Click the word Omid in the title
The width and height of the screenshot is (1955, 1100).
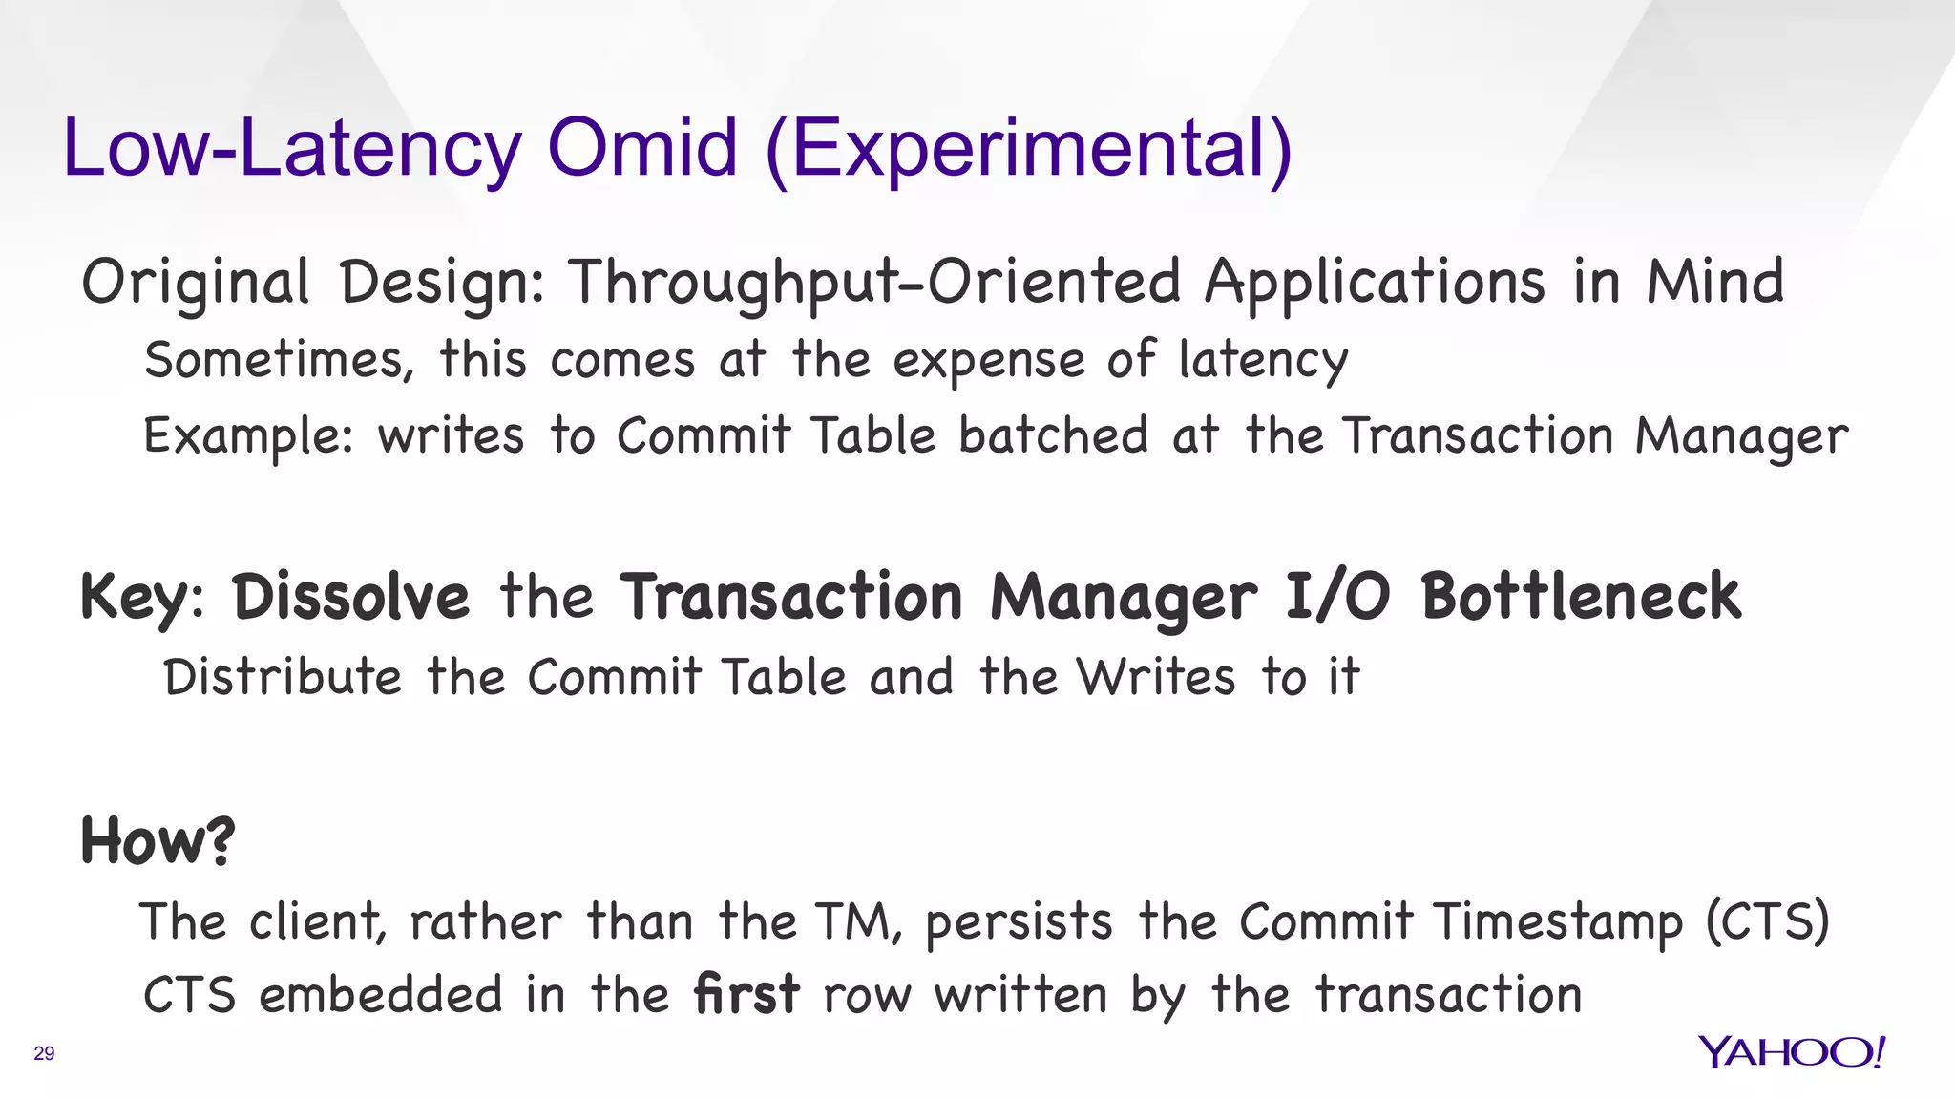point(642,148)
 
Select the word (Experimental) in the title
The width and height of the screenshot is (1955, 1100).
point(1029,150)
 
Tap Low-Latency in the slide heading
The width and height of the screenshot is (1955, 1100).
point(292,150)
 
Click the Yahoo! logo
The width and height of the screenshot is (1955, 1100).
point(1791,1052)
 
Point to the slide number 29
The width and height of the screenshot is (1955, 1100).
point(44,1053)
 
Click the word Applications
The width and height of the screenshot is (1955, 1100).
point(1375,284)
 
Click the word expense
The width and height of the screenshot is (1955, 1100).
point(989,362)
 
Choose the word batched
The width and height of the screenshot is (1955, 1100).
point(1053,435)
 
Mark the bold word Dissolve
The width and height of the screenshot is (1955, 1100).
point(351,597)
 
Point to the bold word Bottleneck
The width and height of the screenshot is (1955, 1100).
point(1581,597)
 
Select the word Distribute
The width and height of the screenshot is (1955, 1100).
point(283,678)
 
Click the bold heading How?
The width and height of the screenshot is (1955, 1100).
point(158,841)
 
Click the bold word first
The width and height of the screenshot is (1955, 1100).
point(746,994)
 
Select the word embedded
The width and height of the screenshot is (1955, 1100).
point(380,995)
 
